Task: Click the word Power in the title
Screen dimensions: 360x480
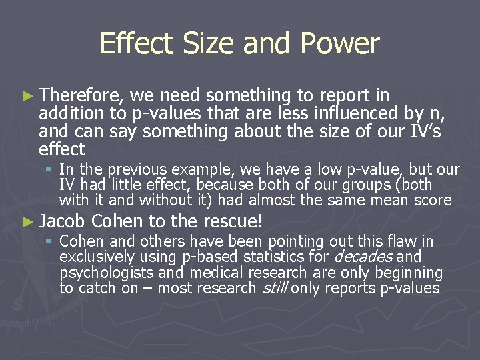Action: click(341, 44)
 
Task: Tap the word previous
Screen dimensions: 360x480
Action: click(133, 170)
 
